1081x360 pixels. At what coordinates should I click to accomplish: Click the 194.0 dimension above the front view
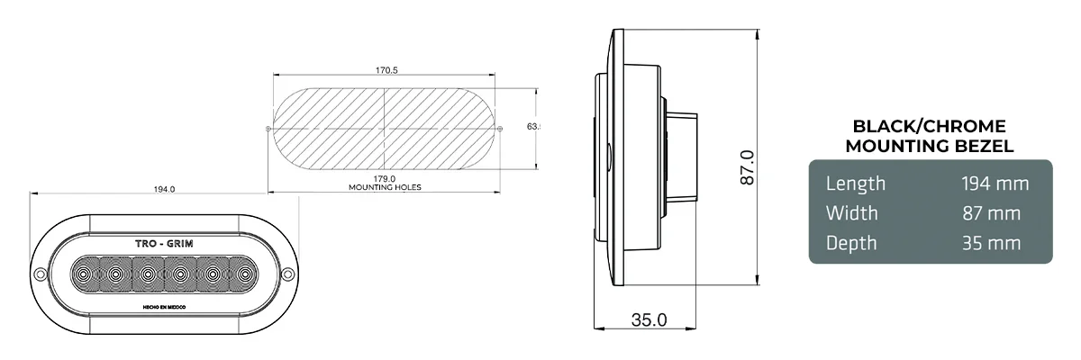(x=164, y=189)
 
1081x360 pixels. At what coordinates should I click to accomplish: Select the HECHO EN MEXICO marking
(x=164, y=306)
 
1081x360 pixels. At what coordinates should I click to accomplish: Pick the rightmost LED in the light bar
(x=243, y=273)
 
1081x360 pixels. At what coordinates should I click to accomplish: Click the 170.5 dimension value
(x=385, y=70)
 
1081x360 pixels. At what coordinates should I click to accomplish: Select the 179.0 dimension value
(x=385, y=179)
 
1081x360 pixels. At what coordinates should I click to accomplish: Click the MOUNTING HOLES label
(x=385, y=188)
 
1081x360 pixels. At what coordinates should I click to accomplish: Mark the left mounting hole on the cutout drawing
(x=269, y=129)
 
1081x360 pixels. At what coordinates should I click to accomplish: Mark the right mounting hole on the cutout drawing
(x=500, y=129)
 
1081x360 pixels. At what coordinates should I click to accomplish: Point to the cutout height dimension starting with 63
(x=532, y=127)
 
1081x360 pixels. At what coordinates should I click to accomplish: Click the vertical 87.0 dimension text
(x=747, y=167)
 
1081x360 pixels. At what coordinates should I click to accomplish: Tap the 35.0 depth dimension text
(x=649, y=319)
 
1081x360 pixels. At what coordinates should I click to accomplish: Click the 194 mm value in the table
(x=995, y=184)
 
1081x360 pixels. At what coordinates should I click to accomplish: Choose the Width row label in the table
(x=851, y=213)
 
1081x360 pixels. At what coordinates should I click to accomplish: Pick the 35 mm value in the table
(x=991, y=243)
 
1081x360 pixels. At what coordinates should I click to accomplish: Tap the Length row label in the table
(x=856, y=184)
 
